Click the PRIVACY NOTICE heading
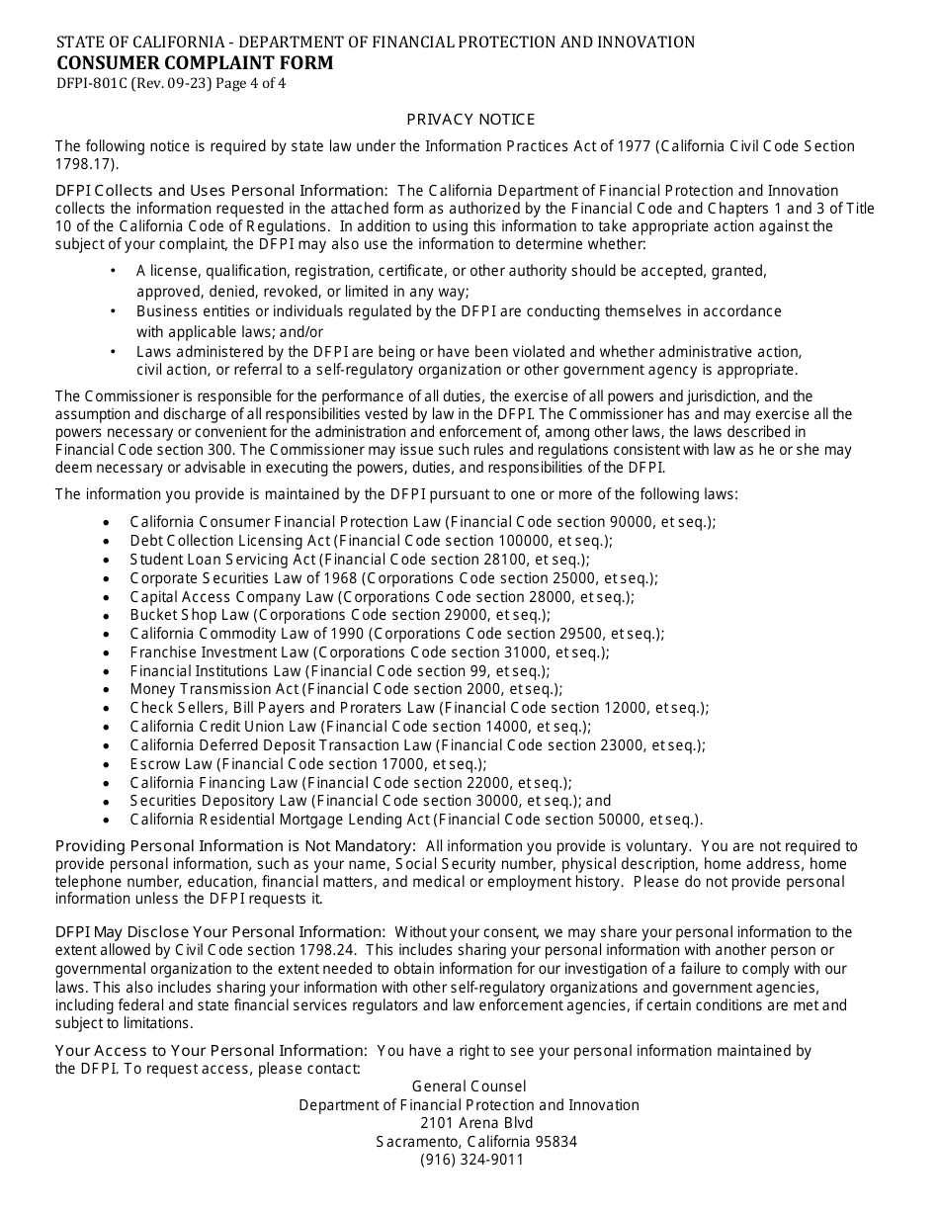pyautogui.click(x=470, y=120)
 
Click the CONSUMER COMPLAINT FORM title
pyautogui.click(x=195, y=63)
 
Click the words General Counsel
pyautogui.click(x=469, y=1086)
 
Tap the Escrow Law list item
pyautogui.click(x=307, y=764)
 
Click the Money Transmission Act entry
pyautogui.click(x=345, y=689)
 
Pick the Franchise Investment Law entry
pyautogui.click(x=369, y=652)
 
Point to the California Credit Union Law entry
pyautogui.click(x=360, y=727)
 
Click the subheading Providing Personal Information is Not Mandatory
pyautogui.click(x=235, y=846)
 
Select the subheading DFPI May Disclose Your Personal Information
pyautogui.click(x=219, y=932)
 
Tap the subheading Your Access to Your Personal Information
pyautogui.click(x=211, y=1051)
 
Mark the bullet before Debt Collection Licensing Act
pyautogui.click(x=107, y=542)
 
